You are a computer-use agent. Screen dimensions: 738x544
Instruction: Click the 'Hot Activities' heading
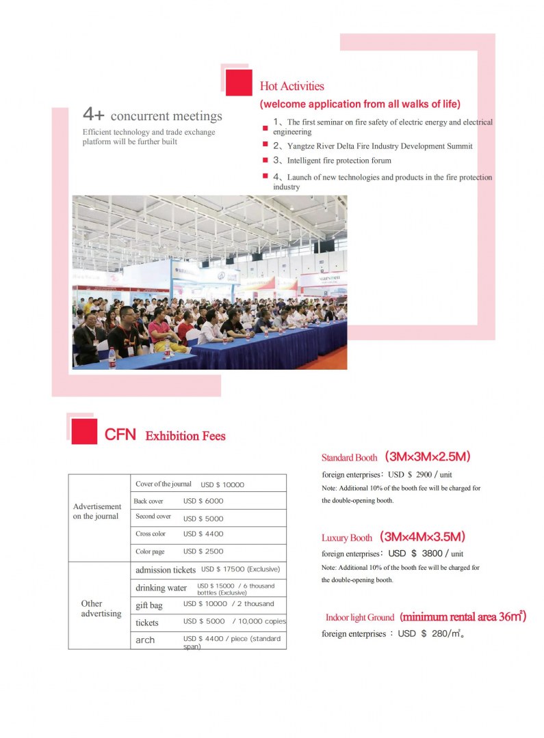tap(292, 87)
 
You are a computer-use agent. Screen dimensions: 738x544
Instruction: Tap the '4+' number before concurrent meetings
tap(93, 114)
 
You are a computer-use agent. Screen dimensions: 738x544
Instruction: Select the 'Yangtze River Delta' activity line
tap(373, 146)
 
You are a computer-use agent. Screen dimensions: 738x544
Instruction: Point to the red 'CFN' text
tap(120, 435)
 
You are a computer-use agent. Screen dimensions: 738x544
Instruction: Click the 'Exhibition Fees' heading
tap(185, 436)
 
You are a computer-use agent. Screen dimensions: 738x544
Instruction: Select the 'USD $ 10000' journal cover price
tap(222, 485)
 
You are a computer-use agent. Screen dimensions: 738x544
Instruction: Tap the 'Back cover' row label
tap(148, 502)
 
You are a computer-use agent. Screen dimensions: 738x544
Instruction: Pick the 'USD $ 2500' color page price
tap(203, 551)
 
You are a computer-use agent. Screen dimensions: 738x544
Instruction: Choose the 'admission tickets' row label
tap(166, 570)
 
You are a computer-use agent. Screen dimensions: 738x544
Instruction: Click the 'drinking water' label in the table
tap(161, 588)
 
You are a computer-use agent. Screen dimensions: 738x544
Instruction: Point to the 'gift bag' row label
tap(149, 605)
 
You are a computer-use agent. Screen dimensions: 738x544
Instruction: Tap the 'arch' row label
tap(145, 640)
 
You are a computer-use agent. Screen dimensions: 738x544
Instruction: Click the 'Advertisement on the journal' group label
tap(97, 511)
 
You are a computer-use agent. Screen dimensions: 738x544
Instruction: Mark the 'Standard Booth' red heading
tap(349, 458)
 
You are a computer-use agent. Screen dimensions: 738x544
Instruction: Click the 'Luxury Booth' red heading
tap(347, 538)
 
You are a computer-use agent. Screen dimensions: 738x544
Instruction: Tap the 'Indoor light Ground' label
tap(360, 618)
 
